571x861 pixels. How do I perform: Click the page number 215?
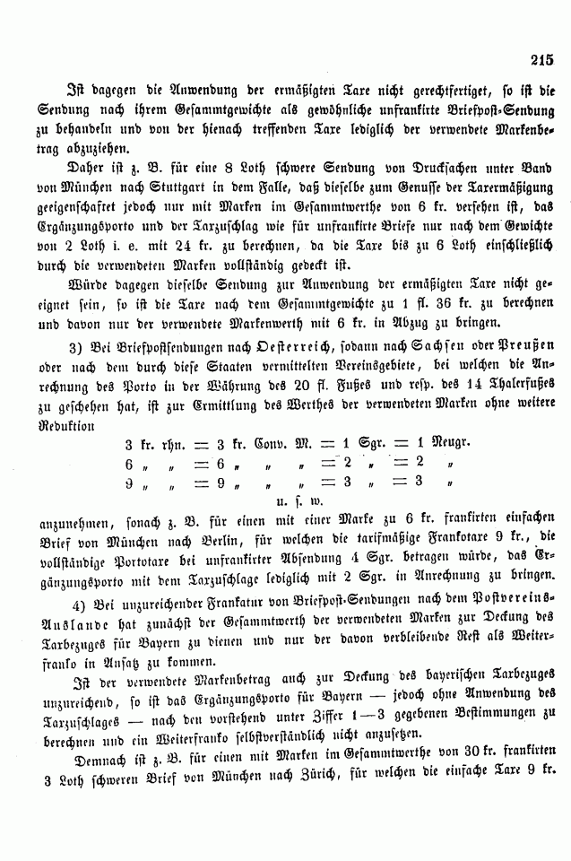click(543, 60)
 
